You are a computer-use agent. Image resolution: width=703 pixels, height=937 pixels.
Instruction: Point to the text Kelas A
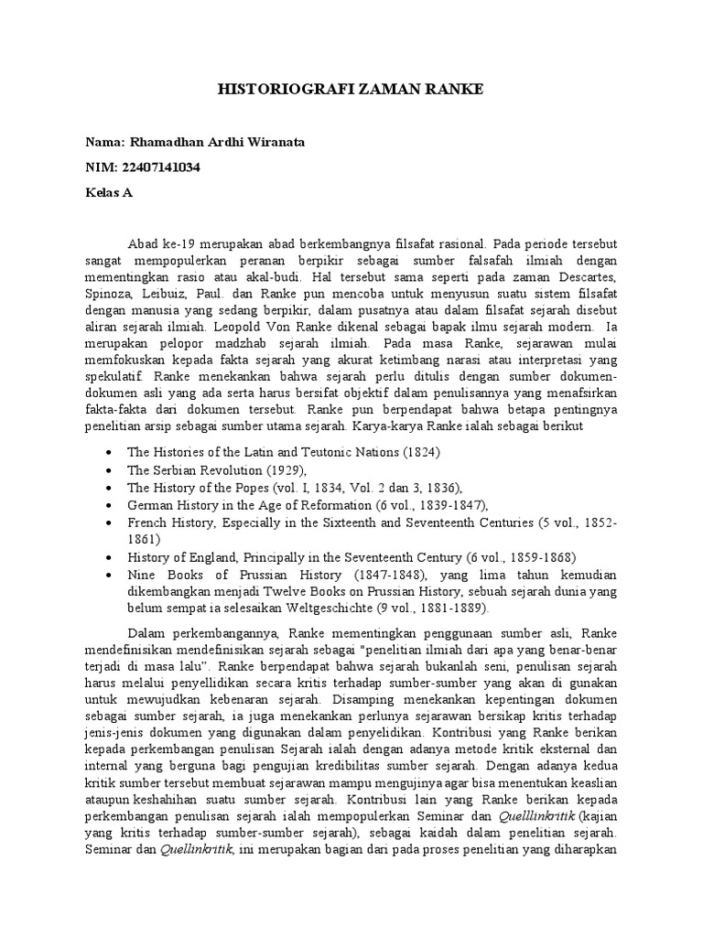click(x=111, y=193)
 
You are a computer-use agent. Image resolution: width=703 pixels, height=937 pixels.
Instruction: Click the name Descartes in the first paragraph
click(x=588, y=277)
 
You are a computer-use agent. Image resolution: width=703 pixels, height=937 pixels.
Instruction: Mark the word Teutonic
click(x=314, y=452)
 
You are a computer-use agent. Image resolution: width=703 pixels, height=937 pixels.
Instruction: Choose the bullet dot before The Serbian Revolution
click(x=110, y=470)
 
